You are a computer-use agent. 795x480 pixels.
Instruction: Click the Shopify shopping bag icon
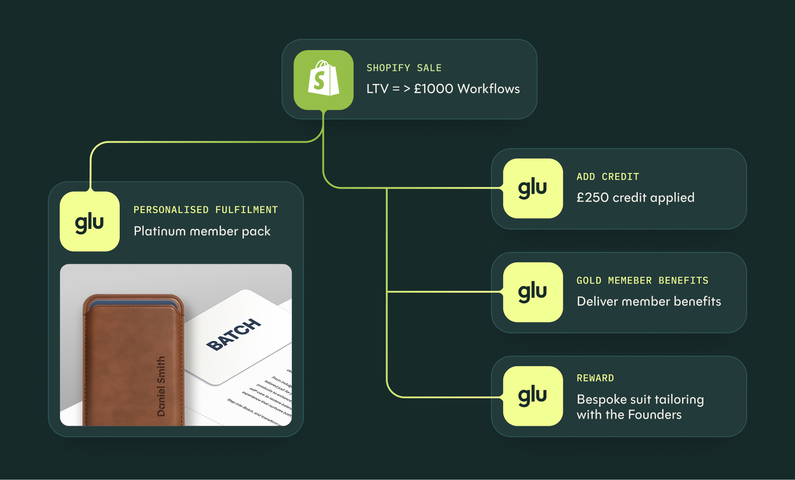(x=323, y=79)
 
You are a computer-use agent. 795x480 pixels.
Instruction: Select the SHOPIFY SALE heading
(x=404, y=68)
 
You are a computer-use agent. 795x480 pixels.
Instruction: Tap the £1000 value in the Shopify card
(x=434, y=89)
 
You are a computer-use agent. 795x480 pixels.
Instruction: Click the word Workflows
(x=488, y=89)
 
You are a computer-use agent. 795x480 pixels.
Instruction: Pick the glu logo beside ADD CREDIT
(x=533, y=188)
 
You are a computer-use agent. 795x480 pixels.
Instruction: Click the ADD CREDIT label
(x=608, y=177)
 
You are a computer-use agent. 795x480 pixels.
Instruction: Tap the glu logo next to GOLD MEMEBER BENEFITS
(x=533, y=292)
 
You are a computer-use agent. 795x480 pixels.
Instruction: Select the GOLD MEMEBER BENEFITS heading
(x=642, y=281)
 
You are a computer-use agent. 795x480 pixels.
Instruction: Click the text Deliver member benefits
(x=649, y=302)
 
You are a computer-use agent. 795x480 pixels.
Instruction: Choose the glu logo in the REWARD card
(x=533, y=396)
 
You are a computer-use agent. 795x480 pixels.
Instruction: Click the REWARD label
(x=595, y=378)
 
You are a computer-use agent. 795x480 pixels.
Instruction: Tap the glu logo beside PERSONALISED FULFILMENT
(x=89, y=222)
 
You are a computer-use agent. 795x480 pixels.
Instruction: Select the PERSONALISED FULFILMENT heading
(x=206, y=210)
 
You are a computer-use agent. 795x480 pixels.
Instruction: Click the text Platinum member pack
(x=202, y=232)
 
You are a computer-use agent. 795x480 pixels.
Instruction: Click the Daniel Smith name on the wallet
(x=161, y=386)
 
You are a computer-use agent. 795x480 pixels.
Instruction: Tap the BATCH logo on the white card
(x=234, y=335)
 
